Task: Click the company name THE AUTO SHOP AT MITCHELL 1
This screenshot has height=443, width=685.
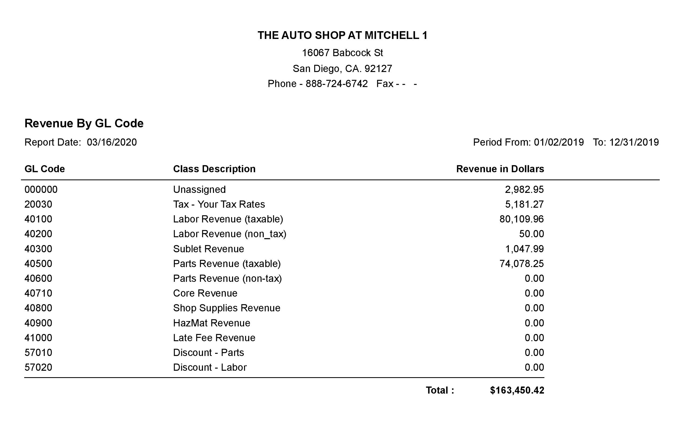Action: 342,35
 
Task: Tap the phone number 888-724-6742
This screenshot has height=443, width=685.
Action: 337,84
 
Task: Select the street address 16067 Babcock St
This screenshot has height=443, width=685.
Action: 342,53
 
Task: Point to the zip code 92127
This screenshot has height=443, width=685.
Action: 378,69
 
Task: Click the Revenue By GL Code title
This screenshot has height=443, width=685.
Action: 84,123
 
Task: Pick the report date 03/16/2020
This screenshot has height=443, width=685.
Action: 112,142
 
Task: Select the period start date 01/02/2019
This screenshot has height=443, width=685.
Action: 559,142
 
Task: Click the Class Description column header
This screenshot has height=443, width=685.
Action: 214,169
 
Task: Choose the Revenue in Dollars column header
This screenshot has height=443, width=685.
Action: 500,169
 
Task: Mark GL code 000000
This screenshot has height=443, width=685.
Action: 41,190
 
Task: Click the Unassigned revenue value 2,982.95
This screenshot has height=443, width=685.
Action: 524,190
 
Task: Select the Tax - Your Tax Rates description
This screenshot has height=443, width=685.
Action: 219,204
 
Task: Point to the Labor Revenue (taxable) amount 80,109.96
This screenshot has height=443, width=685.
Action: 522,219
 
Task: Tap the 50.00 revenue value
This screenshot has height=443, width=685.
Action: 531,234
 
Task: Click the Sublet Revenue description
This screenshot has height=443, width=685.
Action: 208,249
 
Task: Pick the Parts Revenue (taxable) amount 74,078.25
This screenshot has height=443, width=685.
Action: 522,264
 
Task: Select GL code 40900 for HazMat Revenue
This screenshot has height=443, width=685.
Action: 38,323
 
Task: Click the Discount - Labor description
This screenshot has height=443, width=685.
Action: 210,367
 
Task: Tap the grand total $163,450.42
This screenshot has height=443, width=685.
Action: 517,390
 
